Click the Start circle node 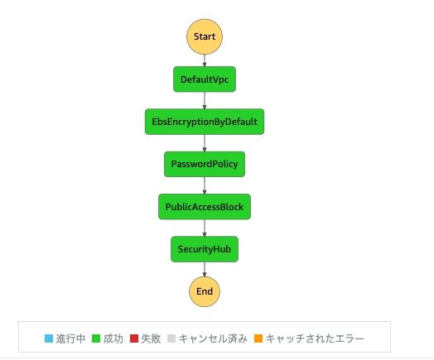coord(205,36)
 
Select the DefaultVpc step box coord(205,79)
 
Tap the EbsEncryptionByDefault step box coord(205,122)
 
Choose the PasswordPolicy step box coord(205,164)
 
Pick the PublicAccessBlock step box coord(205,207)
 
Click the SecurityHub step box coord(205,249)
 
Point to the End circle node coord(205,291)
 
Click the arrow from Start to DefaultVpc coord(205,60)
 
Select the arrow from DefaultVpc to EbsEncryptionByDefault coord(205,100)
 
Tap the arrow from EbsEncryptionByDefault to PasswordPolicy coord(205,143)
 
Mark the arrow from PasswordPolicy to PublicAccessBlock coord(205,185)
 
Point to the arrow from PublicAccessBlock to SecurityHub coord(205,228)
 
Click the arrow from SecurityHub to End coord(205,269)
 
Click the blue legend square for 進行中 coord(49,338)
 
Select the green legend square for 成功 coord(96,338)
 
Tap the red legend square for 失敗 coord(134,338)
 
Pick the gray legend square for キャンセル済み coord(171,338)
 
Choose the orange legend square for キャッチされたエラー coord(258,338)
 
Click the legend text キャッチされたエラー coord(315,338)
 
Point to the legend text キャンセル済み coord(213,338)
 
